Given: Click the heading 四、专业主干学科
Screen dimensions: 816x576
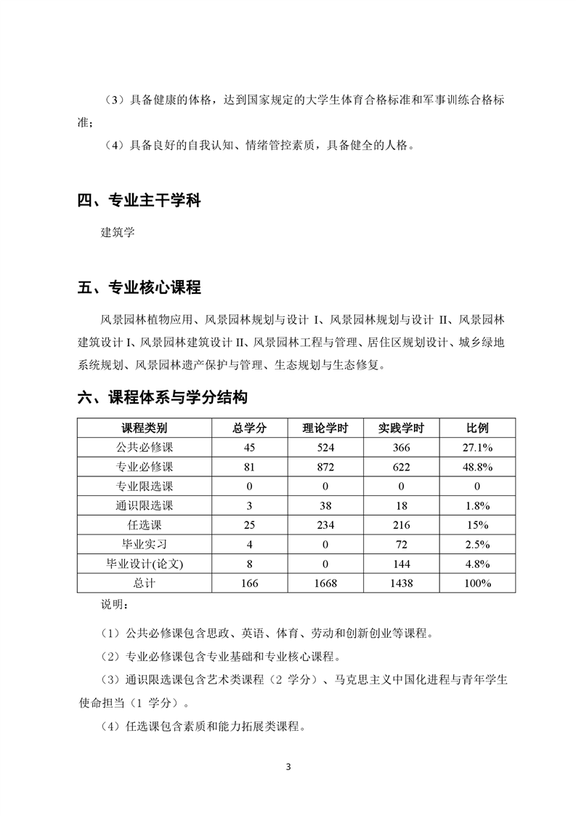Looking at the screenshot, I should coord(139,201).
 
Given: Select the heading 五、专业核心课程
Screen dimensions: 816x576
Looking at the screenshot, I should coord(139,287).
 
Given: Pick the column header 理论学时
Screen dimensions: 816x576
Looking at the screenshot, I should coord(325,428).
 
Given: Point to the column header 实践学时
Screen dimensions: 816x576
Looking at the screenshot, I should coord(402,428).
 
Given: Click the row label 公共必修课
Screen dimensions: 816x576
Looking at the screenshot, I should coord(144,447).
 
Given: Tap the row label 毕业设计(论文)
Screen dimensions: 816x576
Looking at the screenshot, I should coord(144,564).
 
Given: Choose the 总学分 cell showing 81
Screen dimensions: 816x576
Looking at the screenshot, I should coord(249,467).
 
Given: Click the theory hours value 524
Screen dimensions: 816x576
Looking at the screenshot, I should coord(325,447).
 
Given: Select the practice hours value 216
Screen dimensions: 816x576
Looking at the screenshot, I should coord(402,525).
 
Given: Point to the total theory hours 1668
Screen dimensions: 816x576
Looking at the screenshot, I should coord(325,583).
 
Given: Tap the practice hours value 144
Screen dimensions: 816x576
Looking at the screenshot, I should coord(402,564).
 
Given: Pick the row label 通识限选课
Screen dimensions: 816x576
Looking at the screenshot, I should coord(144,505).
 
